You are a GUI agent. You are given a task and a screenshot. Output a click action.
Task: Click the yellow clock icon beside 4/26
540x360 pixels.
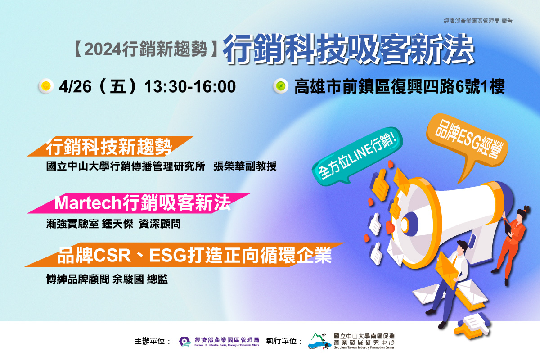coord(46,86)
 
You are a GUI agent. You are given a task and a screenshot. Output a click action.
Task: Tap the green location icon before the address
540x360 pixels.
coord(281,86)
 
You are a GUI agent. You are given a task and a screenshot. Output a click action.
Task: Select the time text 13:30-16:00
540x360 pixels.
coord(190,86)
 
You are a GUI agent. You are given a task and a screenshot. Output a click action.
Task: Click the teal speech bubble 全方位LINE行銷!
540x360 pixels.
coord(357,155)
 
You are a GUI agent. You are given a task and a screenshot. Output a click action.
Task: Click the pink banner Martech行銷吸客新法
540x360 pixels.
coord(139,203)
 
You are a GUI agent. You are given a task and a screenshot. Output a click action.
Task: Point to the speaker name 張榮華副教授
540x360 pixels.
coord(245,166)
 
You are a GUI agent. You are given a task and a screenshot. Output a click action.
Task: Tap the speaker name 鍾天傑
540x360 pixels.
coord(117,224)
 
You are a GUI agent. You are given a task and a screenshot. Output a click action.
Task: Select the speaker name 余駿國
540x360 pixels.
coord(128,279)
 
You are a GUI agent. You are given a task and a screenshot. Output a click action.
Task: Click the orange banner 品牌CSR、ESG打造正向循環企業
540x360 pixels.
coord(184,255)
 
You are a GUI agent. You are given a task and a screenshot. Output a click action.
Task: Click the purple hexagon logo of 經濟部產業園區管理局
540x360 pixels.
coord(185,342)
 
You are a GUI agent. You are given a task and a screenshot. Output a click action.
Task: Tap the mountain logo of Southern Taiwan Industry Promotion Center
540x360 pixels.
coord(319,341)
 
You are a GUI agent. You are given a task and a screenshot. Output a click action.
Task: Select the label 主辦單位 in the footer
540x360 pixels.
coord(149,341)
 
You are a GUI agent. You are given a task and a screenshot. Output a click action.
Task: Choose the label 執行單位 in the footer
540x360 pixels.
coord(281,341)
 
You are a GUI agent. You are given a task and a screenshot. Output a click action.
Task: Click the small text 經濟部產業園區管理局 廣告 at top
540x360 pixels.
coord(478,21)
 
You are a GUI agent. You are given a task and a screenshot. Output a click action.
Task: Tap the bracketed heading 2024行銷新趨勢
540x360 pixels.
coord(146,49)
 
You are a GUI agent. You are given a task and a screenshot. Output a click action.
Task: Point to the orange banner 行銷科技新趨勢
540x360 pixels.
coord(110,146)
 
